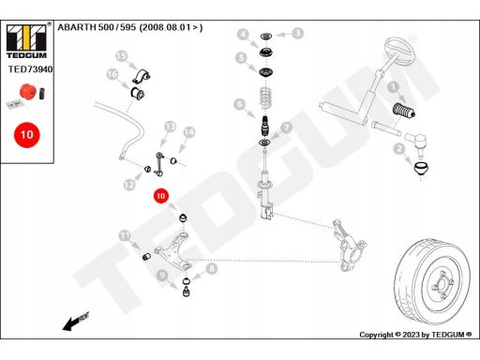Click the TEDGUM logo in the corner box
[26, 41]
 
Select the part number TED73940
[30, 69]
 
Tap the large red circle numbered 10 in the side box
[27, 135]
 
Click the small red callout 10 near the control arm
[160, 196]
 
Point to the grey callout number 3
[298, 33]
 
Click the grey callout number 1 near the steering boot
[393, 87]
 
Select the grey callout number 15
[122, 56]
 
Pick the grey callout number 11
[125, 235]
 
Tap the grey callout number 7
[286, 127]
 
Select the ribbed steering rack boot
[403, 110]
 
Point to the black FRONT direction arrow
[76, 321]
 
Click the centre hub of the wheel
[442, 284]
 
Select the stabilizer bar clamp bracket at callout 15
[141, 76]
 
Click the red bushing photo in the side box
[27, 91]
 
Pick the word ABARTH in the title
[77, 27]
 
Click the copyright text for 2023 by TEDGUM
[415, 335]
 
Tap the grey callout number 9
[161, 275]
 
